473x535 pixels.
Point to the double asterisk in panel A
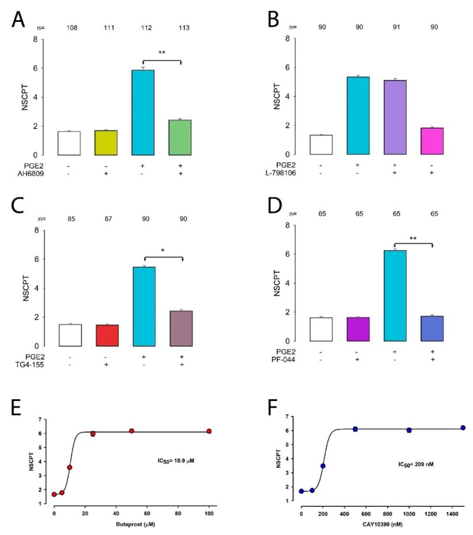pos(162,53)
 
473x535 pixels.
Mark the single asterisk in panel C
pos(162,251)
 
